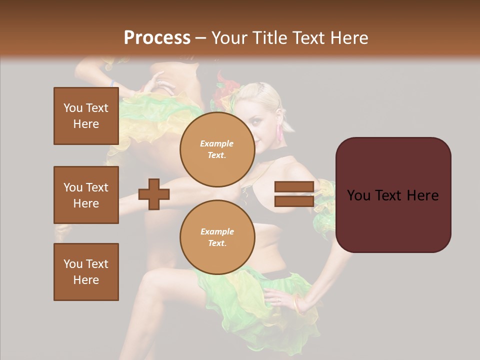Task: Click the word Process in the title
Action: tap(157, 38)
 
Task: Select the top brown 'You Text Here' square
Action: tap(86, 116)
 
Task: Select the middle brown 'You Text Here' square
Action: tap(86, 195)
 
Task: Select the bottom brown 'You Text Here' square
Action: tap(86, 272)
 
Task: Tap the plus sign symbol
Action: tap(154, 194)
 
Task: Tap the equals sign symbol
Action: tap(294, 194)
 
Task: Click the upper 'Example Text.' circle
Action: tap(217, 149)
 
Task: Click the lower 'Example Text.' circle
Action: tap(217, 237)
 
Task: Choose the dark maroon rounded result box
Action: tap(393, 195)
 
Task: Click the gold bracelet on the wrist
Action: tap(297, 303)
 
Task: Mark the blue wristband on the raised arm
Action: tap(113, 83)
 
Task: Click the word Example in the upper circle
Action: tap(217, 143)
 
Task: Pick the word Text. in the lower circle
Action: tap(217, 243)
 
